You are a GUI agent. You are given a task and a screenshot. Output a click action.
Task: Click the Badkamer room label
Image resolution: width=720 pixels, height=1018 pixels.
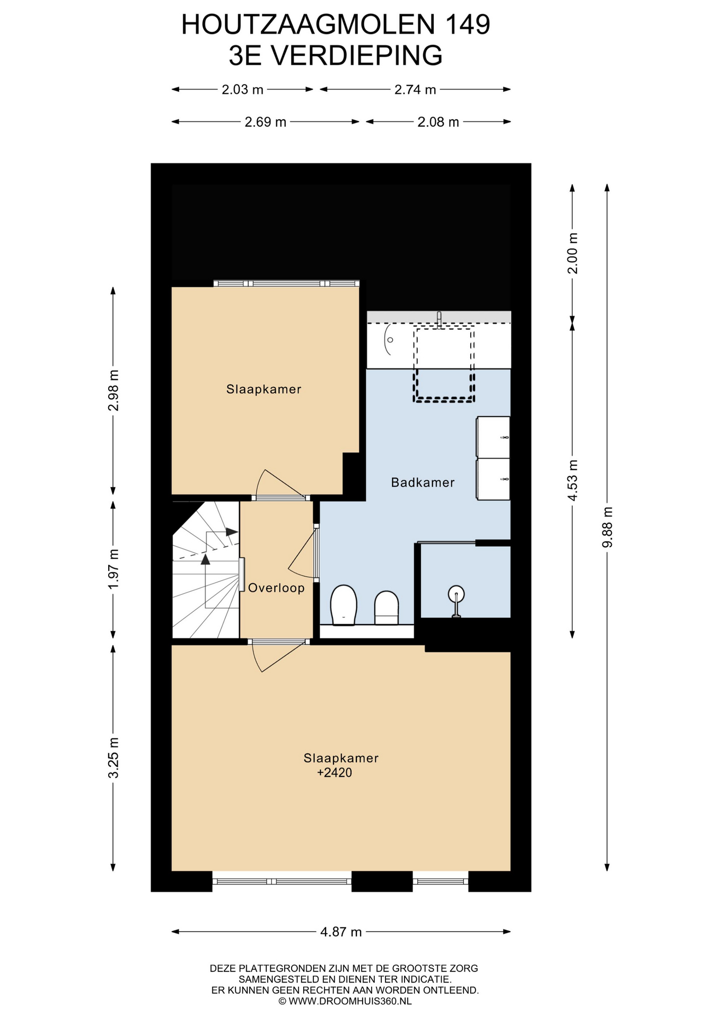point(423,482)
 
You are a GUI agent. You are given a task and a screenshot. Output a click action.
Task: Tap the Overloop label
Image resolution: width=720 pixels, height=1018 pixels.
point(276,588)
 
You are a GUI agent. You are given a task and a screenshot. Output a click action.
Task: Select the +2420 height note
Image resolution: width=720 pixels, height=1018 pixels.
point(335,773)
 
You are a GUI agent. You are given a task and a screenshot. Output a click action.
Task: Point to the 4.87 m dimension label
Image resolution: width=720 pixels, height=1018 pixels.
point(341,932)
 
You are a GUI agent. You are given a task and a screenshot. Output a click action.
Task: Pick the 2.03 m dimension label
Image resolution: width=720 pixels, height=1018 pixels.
point(242,90)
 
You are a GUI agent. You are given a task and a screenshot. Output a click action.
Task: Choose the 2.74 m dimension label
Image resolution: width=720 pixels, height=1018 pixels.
point(415,90)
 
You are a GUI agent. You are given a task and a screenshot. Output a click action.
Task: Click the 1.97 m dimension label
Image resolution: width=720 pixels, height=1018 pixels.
point(113,568)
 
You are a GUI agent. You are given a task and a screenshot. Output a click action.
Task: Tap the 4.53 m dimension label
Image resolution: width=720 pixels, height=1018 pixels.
point(572,480)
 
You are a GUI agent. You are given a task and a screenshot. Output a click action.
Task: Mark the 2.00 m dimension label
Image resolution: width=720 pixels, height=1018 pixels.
point(572,253)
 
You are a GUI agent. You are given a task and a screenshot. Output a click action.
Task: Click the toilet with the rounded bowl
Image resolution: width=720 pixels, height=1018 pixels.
point(343,605)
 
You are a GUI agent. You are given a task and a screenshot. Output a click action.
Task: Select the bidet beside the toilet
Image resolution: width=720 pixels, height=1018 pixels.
point(387,608)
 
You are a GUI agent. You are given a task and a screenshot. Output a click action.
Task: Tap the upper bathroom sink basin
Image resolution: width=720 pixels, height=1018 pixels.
point(493,437)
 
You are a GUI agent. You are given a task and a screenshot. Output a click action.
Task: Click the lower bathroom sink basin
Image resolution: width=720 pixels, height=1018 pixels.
point(493,480)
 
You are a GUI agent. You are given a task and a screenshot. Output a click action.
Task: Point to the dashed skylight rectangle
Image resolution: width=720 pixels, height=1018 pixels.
point(444,365)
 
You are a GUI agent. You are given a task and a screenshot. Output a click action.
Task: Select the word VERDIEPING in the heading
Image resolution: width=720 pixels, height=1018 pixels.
point(356,55)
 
